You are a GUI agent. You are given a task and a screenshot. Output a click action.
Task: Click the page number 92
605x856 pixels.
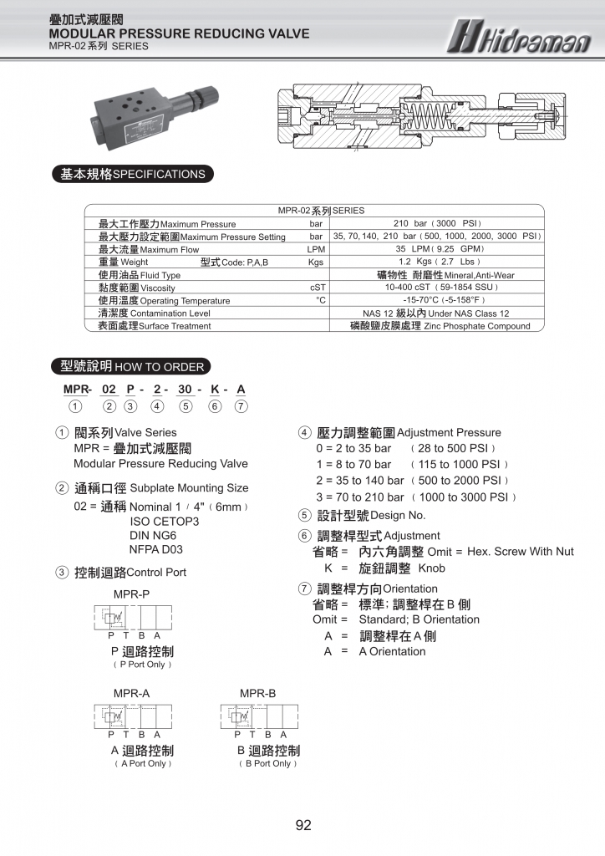click(303, 825)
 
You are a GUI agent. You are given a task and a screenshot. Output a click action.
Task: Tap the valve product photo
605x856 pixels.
click(158, 115)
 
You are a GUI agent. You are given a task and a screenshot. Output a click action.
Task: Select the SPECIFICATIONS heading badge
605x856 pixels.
click(132, 175)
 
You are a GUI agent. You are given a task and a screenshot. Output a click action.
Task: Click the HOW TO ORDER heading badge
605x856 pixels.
click(132, 366)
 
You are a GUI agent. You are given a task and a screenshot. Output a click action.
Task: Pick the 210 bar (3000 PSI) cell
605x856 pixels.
click(437, 224)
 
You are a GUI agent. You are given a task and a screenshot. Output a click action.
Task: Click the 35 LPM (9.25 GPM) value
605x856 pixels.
click(437, 249)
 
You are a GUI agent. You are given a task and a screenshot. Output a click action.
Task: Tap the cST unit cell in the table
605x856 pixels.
click(317, 288)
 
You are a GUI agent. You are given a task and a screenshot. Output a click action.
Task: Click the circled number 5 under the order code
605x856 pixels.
click(186, 407)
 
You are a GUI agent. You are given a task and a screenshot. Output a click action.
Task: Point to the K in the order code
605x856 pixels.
click(215, 390)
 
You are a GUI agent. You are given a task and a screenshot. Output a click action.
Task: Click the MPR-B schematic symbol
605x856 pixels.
click(258, 717)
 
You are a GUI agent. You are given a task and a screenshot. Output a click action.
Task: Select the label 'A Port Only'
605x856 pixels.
click(143, 763)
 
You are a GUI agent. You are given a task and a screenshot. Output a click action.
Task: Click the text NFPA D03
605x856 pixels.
click(156, 549)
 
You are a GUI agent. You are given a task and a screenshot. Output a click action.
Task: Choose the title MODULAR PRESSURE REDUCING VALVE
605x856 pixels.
click(179, 33)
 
